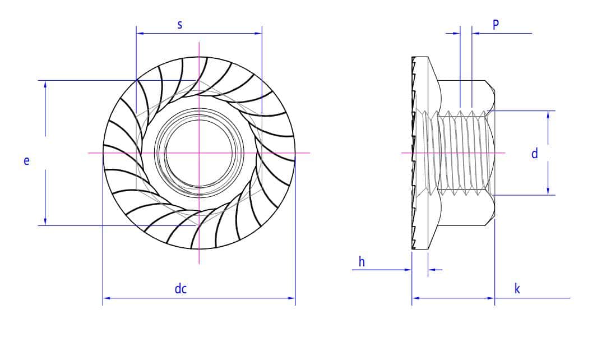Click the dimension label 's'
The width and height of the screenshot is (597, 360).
click(x=180, y=25)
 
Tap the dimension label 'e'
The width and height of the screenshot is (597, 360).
click(x=26, y=161)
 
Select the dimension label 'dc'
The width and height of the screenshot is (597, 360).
click(x=181, y=289)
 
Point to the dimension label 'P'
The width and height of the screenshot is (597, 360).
click(x=496, y=25)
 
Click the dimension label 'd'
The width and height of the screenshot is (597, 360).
click(x=535, y=153)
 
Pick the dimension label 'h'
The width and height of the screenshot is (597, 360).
click(x=362, y=262)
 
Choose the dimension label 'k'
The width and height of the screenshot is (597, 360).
click(x=517, y=289)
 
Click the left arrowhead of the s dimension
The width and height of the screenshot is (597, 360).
click(x=140, y=33)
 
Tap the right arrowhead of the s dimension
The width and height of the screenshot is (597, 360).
click(x=258, y=33)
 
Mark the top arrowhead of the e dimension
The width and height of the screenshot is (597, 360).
click(x=45, y=85)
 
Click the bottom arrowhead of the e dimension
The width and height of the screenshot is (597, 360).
click(x=45, y=221)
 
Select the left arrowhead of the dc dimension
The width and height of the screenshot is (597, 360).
click(x=107, y=298)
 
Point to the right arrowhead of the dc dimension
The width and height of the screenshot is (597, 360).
click(x=291, y=298)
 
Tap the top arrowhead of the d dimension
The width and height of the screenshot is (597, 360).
click(x=548, y=114)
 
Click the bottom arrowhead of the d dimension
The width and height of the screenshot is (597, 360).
click(x=548, y=191)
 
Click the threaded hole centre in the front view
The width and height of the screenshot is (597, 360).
click(x=199, y=153)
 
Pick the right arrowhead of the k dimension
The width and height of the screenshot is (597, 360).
click(x=491, y=298)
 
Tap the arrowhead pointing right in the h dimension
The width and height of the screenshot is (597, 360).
click(x=408, y=270)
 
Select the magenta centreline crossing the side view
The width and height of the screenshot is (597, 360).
click(x=453, y=153)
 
